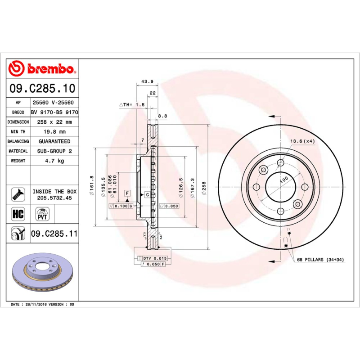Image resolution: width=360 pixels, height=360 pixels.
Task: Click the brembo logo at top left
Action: [41, 69]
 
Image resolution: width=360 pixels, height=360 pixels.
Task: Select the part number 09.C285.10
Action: [41, 89]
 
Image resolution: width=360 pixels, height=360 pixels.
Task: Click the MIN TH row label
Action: [18, 132]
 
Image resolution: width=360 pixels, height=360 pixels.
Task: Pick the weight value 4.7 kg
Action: [54, 161]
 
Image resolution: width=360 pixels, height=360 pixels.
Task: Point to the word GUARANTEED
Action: [54, 141]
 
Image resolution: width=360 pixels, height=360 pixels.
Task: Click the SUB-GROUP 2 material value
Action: [54, 151]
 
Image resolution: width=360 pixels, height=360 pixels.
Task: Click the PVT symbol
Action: [42, 213]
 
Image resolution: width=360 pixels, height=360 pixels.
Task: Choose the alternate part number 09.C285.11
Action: [54, 234]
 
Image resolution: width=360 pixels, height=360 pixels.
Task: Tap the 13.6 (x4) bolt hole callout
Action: [302, 141]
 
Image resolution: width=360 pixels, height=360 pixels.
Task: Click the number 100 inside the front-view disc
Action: [284, 180]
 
